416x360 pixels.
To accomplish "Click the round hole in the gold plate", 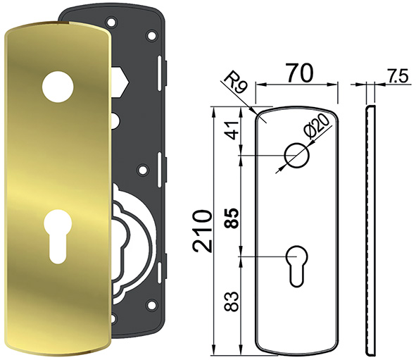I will coord(58,86).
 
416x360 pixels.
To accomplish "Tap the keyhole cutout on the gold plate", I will coord(57,237).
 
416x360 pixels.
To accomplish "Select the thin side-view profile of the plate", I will coord(370,229).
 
